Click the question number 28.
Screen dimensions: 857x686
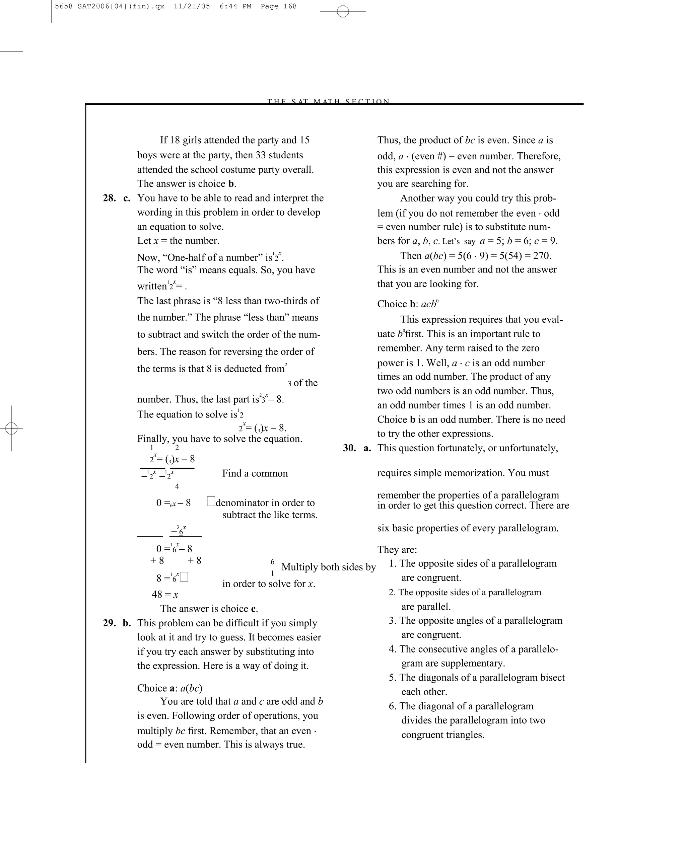(x=109, y=198)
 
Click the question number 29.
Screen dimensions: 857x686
(x=109, y=623)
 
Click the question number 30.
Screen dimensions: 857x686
(x=349, y=448)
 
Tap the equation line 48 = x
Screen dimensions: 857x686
(x=165, y=594)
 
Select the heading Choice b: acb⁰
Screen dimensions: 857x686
(x=408, y=304)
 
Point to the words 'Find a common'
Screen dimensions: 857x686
(x=255, y=473)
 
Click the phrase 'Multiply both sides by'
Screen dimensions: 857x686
(x=329, y=567)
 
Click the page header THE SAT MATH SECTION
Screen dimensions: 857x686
(x=329, y=101)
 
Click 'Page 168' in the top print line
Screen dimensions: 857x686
(x=278, y=6)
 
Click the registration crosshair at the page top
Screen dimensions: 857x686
(x=343, y=11)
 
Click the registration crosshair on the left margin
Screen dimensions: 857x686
(x=11, y=428)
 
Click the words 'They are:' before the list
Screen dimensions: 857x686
(x=397, y=550)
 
